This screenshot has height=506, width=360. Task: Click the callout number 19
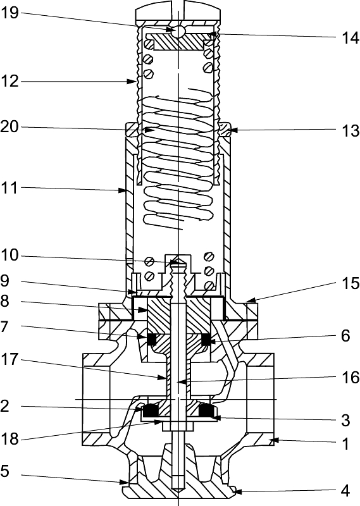tap(10, 13)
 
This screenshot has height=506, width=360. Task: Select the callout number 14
tap(351, 38)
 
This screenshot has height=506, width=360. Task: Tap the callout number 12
tap(10, 81)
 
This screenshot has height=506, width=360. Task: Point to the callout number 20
tap(10, 127)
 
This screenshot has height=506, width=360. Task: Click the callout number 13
tap(351, 131)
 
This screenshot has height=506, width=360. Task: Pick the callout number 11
tap(10, 188)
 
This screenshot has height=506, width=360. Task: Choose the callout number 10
tap(10, 256)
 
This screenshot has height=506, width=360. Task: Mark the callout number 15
tap(351, 283)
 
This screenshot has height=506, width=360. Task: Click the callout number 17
tap(10, 359)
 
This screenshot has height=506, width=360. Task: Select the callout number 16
tap(351, 377)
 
